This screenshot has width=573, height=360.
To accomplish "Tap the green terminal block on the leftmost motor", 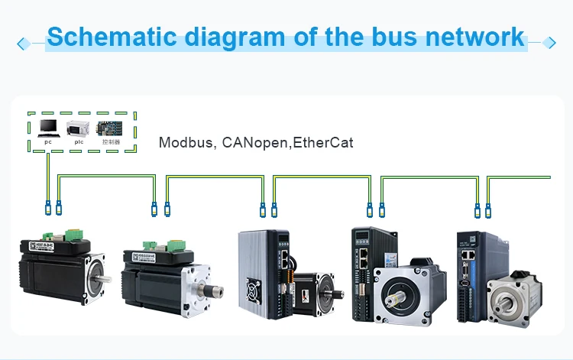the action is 76,232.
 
